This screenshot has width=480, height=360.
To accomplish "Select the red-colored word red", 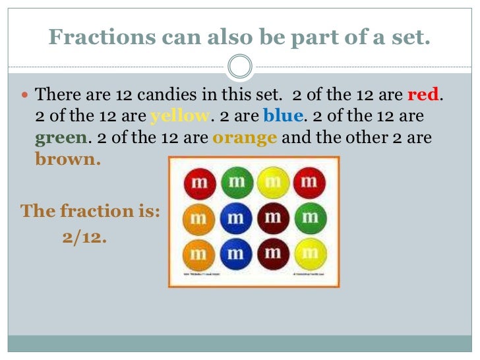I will click(x=423, y=95).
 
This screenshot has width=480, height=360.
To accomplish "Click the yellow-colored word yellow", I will click(x=179, y=117).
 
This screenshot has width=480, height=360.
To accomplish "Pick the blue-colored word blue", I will click(x=283, y=117).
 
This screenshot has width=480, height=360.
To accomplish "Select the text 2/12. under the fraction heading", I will click(x=85, y=237).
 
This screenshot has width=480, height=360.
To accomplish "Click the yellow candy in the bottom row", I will click(x=308, y=254).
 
